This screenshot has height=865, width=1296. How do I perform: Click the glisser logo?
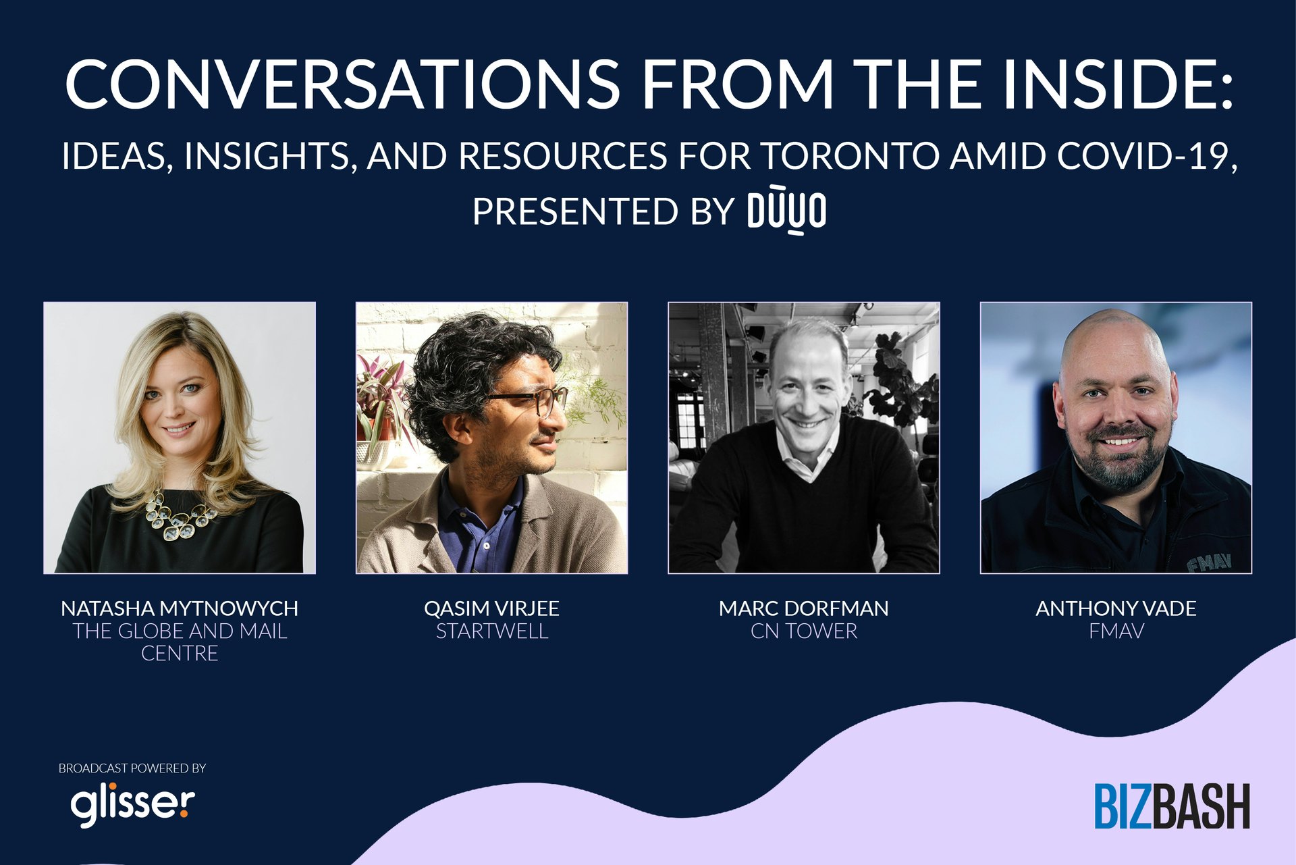[133, 804]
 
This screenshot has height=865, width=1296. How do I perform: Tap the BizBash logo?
[1172, 806]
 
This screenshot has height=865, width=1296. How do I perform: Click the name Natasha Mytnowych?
[180, 608]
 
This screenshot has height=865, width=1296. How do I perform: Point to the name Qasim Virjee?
[491, 608]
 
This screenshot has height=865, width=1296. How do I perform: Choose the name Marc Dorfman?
[803, 608]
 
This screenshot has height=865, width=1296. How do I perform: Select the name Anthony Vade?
[1116, 608]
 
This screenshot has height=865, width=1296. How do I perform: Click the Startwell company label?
[491, 631]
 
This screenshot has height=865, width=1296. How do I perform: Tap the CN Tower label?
[803, 631]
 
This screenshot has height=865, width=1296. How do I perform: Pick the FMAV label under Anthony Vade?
[1116, 631]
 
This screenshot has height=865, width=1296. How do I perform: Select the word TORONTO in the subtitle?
[850, 155]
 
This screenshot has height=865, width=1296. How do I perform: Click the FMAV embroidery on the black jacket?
[1210, 562]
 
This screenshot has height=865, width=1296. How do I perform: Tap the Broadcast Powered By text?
[132, 768]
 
